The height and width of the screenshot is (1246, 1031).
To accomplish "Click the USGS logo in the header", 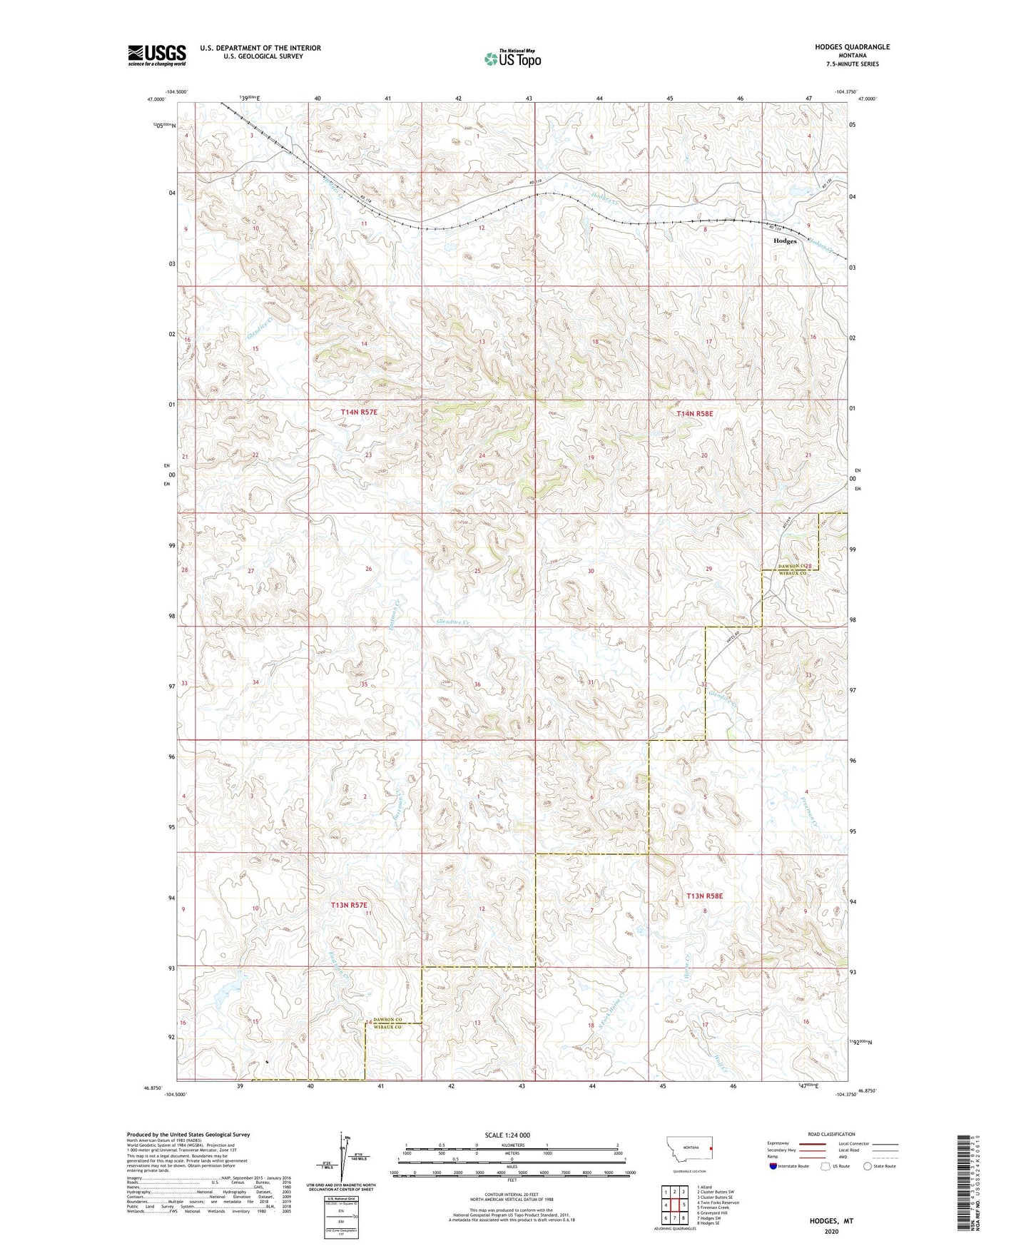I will point(157,54).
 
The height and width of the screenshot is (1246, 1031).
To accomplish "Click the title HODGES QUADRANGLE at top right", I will point(852,47).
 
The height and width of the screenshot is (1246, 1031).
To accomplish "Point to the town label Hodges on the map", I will point(785,241).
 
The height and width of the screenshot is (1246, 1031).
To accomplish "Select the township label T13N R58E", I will point(704,896).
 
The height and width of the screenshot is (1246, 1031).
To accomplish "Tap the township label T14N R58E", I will point(694,413).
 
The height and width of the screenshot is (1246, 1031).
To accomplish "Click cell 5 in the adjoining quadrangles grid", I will point(684,1205).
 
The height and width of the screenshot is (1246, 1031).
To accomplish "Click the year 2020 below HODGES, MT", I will point(831,1231).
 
